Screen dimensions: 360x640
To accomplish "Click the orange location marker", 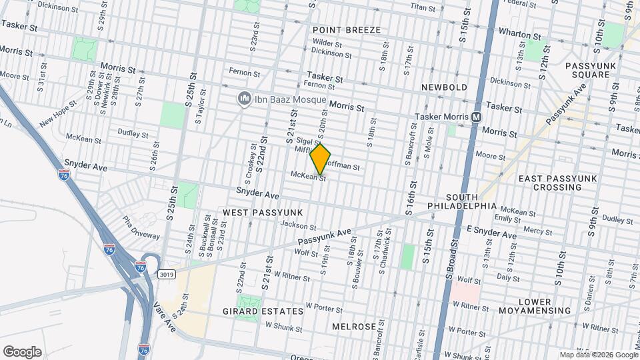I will [x=321, y=159].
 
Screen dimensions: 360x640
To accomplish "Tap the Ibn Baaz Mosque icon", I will [x=244, y=99].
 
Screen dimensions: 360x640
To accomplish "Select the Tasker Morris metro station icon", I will [x=477, y=117].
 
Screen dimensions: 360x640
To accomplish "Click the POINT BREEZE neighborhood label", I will [x=347, y=30].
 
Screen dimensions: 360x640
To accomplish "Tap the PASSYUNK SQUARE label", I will [x=587, y=70].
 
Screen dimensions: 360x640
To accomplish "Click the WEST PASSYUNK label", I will [x=263, y=212].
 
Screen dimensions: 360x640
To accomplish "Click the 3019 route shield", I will [x=167, y=274].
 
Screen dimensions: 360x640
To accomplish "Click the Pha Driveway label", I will [x=141, y=227].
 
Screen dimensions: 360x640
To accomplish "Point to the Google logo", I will [x=22, y=351].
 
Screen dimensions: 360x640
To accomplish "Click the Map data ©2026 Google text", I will [x=597, y=355].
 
